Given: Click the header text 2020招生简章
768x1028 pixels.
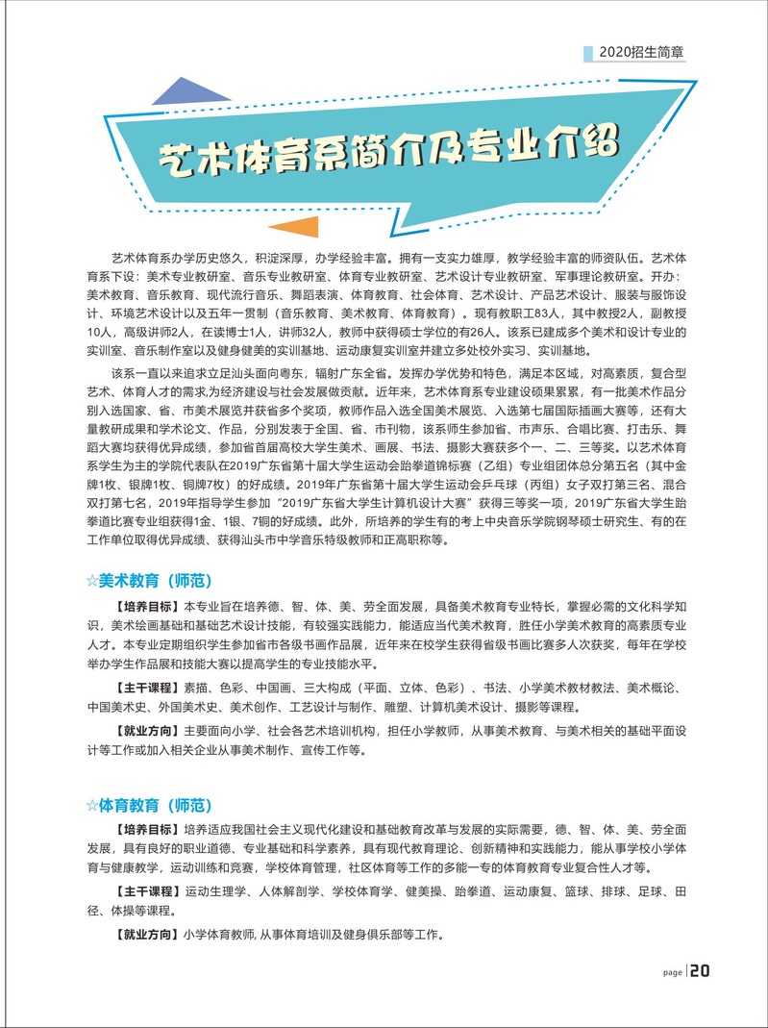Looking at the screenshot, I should tap(648, 53).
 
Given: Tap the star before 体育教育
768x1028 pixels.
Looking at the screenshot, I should tap(92, 804).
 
